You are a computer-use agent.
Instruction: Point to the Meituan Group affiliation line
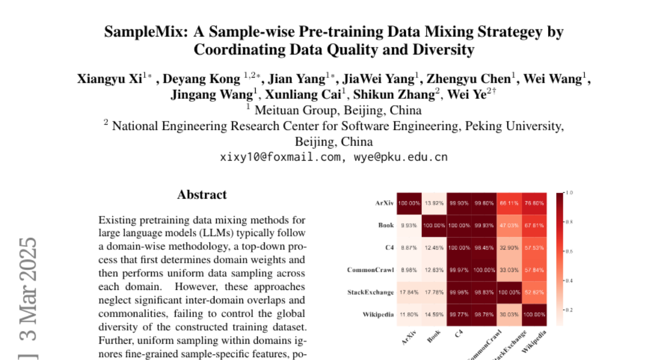tap(333, 110)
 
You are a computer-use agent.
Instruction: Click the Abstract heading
tap(202, 195)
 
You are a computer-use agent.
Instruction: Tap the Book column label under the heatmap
tap(435, 337)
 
